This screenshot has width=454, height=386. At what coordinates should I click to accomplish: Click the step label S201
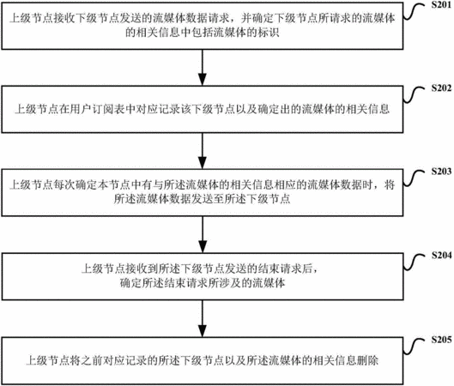point(441,5)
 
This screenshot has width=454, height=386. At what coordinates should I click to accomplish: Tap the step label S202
point(441,88)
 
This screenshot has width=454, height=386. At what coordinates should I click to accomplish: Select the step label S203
point(441,172)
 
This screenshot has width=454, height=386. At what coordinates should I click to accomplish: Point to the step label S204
point(441,256)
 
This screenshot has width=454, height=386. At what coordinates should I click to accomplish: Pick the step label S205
point(441,340)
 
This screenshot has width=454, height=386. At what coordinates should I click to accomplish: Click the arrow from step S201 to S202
point(203,68)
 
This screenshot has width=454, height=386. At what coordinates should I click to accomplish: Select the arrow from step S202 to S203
point(203,151)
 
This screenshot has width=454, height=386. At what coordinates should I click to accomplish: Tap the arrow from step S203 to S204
point(203,234)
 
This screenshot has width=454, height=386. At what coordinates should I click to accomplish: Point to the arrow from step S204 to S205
point(203,318)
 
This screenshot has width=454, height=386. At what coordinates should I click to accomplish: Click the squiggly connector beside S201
point(414,12)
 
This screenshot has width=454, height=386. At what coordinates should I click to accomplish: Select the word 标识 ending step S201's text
point(269,33)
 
